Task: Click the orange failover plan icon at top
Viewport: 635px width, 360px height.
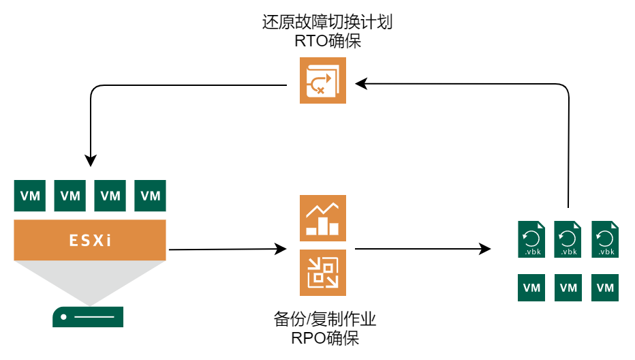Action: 322,80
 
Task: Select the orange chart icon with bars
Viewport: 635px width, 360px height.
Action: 322,218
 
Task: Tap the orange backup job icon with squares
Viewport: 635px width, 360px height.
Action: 322,273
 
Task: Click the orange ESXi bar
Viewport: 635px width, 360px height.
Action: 90,240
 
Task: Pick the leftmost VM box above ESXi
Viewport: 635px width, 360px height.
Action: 29,196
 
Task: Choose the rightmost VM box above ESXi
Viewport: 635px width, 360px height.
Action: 150,196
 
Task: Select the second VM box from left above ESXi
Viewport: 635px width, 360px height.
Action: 69,196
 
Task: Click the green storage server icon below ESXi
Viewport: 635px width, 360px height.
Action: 88,317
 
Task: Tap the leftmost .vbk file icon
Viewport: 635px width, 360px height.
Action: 531,239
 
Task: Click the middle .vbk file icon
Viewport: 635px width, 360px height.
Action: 568,239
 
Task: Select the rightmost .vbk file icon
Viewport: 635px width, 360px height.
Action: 605,239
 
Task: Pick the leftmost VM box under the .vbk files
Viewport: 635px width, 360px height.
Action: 531,288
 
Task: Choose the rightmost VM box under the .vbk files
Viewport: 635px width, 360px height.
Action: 605,288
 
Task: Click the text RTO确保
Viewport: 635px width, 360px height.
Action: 327,40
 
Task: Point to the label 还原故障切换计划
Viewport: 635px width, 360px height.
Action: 327,22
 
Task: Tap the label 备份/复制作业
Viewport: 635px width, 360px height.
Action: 325,318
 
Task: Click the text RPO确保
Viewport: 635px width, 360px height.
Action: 325,337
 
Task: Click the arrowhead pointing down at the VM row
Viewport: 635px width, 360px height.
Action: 91,161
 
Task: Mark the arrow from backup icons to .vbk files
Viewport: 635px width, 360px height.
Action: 422,249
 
